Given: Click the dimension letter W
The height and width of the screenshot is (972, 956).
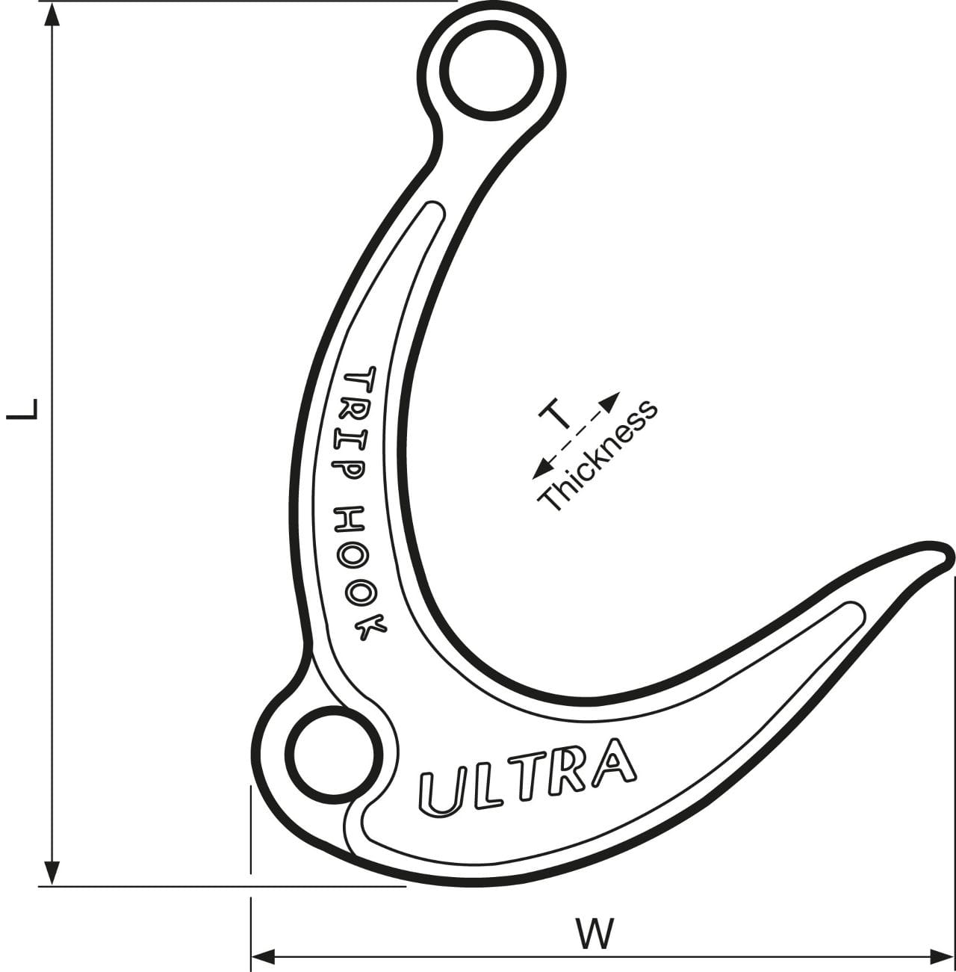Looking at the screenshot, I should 595,934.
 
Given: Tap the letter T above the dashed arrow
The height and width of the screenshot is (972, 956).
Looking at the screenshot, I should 557,414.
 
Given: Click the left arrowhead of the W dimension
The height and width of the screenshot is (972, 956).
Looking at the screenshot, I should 263,956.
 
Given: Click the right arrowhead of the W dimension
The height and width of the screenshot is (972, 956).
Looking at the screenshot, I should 943,956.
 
